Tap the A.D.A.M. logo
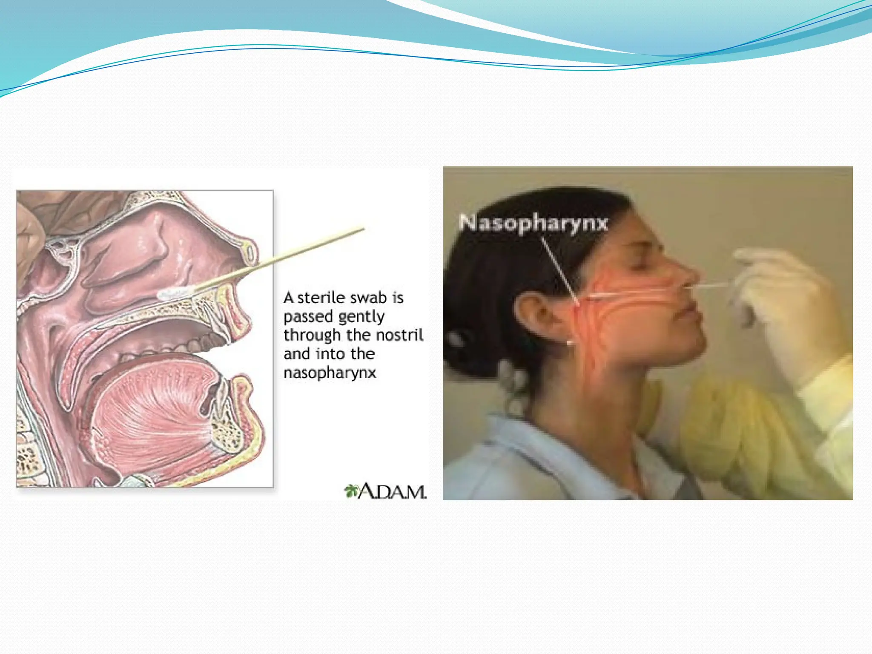[385, 491]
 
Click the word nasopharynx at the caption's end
[330, 373]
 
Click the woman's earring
[570, 342]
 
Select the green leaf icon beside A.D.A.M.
[351, 491]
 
